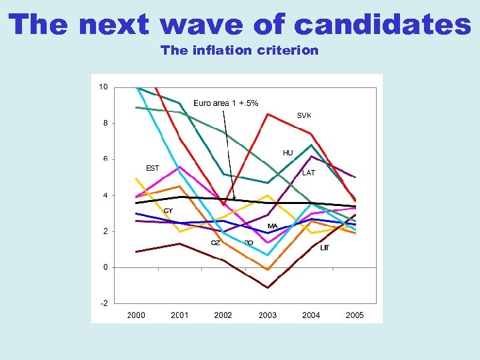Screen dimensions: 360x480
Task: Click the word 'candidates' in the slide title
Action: [382, 25]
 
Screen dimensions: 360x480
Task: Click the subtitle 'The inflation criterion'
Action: [239, 50]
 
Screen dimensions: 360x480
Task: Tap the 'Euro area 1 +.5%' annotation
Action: [225, 103]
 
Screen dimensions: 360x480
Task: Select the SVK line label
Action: [304, 115]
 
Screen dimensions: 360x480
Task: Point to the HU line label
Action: [288, 153]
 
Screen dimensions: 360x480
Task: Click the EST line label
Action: [153, 168]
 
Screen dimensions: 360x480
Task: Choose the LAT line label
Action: [309, 173]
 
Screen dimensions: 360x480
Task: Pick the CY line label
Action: [168, 211]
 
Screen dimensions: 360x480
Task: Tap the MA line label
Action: [273, 227]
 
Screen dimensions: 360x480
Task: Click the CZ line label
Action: [215, 243]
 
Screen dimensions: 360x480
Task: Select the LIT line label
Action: [325, 248]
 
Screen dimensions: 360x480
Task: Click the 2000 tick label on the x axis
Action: [136, 315]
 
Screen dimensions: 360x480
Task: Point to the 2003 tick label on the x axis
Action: [267, 315]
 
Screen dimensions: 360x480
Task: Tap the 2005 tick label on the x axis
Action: [355, 315]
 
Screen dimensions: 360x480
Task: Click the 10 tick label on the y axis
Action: [103, 87]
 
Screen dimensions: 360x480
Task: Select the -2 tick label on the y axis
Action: [103, 303]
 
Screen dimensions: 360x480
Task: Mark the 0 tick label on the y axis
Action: [105, 267]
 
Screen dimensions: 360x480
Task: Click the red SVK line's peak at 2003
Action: [267, 114]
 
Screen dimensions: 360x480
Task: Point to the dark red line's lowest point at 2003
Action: [267, 287]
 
